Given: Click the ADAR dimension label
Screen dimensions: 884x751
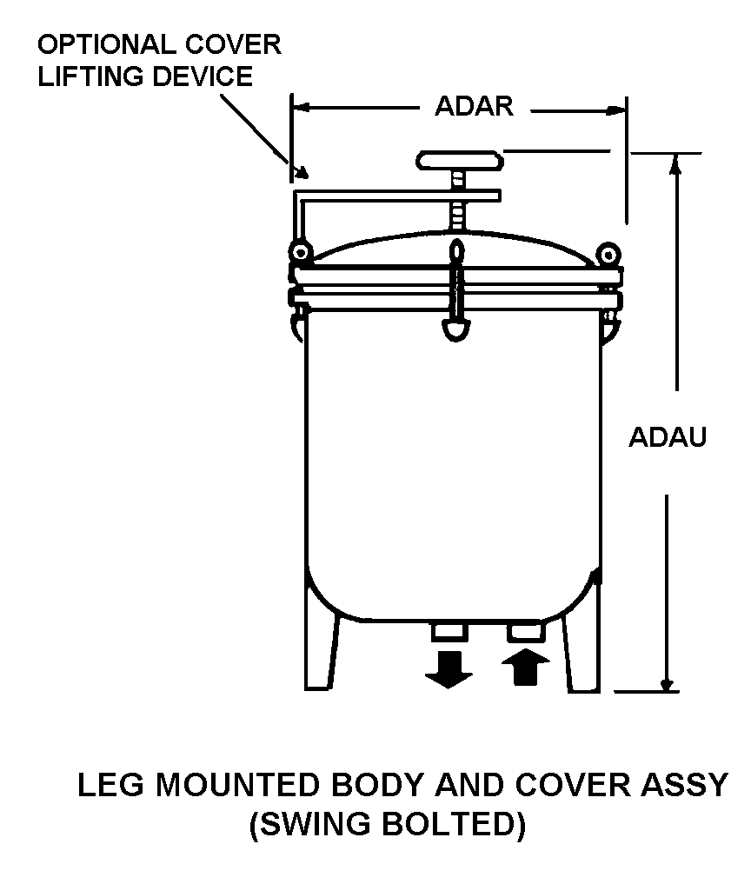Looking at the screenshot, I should pos(474,106).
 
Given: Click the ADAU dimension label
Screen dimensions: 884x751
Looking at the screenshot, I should pos(668,436).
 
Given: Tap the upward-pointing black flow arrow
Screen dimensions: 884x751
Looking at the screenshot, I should pos(526,668).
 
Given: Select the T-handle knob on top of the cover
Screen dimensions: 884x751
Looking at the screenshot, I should pos(461,161).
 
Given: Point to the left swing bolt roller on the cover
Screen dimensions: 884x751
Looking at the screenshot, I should pos(302,252).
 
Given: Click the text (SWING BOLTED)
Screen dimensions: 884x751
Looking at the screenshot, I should pos(388,824).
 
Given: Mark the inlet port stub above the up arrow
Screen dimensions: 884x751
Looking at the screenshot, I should pos(526,630).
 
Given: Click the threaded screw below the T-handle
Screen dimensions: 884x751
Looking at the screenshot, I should pos(457,213).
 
